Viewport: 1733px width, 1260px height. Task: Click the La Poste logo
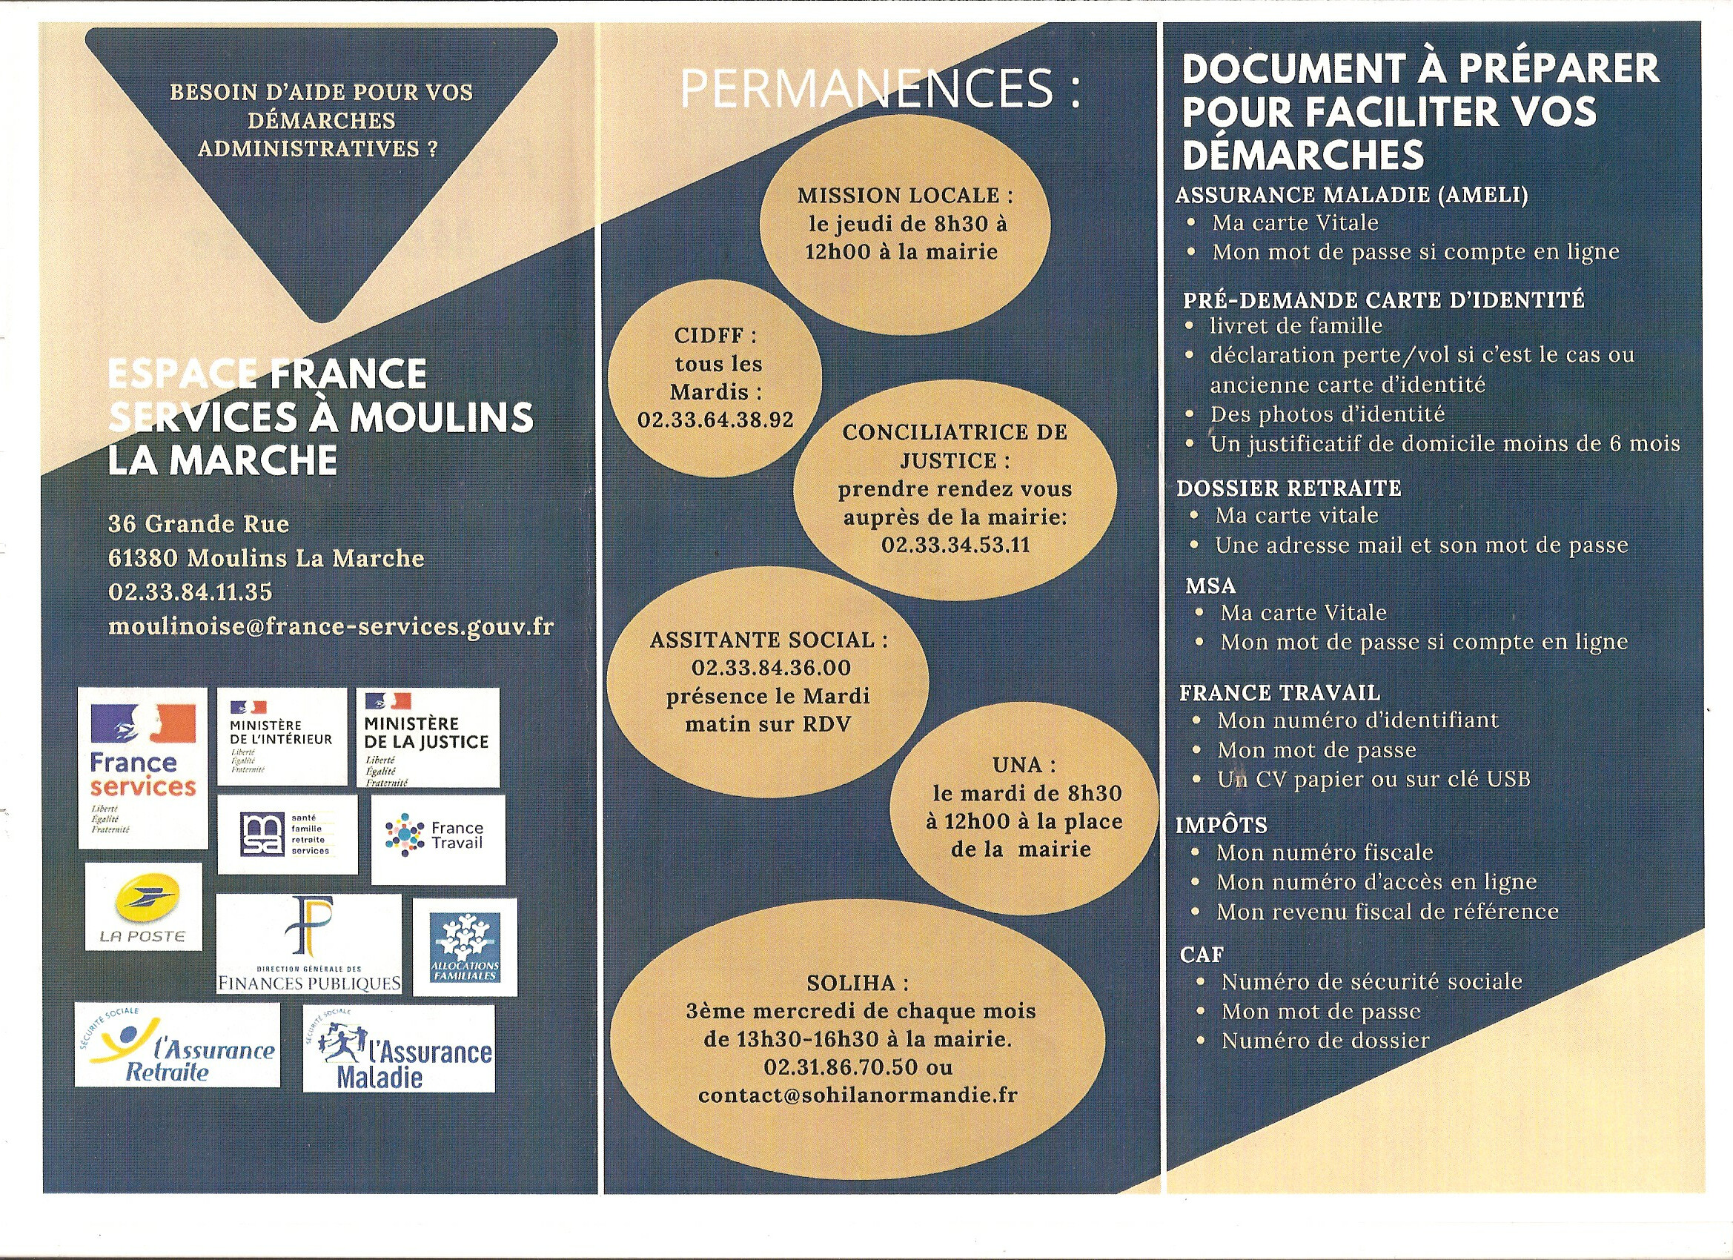click(x=144, y=907)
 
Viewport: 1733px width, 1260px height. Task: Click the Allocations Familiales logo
click(x=465, y=946)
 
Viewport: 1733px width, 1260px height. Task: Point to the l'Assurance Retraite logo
click(x=177, y=1044)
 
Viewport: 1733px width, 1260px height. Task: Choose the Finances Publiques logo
click(x=308, y=944)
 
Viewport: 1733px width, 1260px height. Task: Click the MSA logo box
click(x=288, y=835)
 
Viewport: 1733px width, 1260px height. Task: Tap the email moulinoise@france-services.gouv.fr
click(x=331, y=626)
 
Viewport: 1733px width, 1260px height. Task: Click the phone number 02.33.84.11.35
click(x=190, y=592)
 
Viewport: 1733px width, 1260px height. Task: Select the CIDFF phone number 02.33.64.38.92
click(x=715, y=420)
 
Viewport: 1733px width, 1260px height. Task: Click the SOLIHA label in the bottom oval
click(x=858, y=983)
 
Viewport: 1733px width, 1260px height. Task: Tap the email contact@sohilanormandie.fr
click(x=858, y=1095)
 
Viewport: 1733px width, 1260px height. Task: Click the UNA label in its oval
click(x=1024, y=765)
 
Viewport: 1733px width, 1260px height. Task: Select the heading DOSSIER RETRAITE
click(x=1289, y=488)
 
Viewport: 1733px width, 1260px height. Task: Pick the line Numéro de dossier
click(x=1325, y=1041)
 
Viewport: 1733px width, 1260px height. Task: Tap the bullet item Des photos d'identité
click(x=1328, y=414)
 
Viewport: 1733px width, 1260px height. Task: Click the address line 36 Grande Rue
click(x=199, y=524)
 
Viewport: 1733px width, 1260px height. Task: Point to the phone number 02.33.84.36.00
click(x=771, y=668)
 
